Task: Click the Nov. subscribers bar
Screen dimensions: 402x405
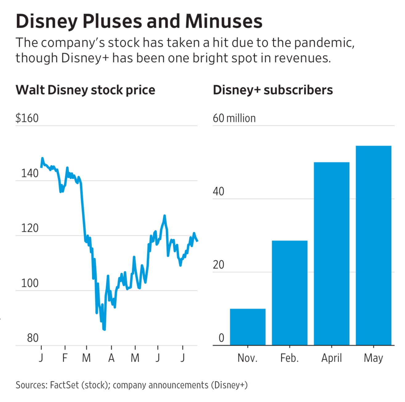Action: click(x=248, y=327)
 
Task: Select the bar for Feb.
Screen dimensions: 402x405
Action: click(x=290, y=293)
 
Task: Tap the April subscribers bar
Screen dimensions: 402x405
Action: click(x=331, y=254)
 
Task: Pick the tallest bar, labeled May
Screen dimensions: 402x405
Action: click(x=373, y=245)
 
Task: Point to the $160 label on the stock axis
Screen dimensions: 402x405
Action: click(x=27, y=118)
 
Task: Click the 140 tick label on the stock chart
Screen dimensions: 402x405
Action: click(x=30, y=173)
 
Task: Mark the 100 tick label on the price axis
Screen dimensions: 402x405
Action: click(x=30, y=283)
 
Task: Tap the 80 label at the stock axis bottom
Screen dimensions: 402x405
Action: click(x=33, y=338)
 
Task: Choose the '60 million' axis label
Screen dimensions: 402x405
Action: click(x=234, y=118)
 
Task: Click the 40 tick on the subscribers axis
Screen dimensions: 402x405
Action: click(x=218, y=191)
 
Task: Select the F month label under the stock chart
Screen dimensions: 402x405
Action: click(x=65, y=358)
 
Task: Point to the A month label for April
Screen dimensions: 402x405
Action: click(x=111, y=358)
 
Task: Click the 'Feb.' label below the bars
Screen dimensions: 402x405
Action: click(x=290, y=358)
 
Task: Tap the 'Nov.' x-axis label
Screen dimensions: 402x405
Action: click(x=247, y=358)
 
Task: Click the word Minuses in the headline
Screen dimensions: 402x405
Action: click(x=224, y=21)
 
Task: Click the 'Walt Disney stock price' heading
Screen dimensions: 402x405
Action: click(x=85, y=90)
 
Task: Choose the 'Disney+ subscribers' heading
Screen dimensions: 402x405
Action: click(x=273, y=90)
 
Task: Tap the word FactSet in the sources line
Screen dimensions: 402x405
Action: click(x=64, y=385)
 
